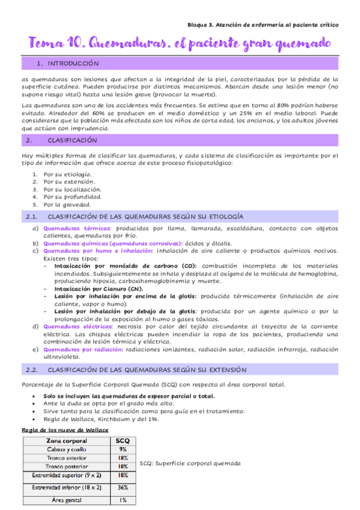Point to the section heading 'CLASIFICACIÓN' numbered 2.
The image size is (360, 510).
[72, 140]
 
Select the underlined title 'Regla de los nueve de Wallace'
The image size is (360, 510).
[65, 429]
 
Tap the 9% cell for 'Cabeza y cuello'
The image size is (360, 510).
[122, 449]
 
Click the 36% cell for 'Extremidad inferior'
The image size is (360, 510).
[122, 488]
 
